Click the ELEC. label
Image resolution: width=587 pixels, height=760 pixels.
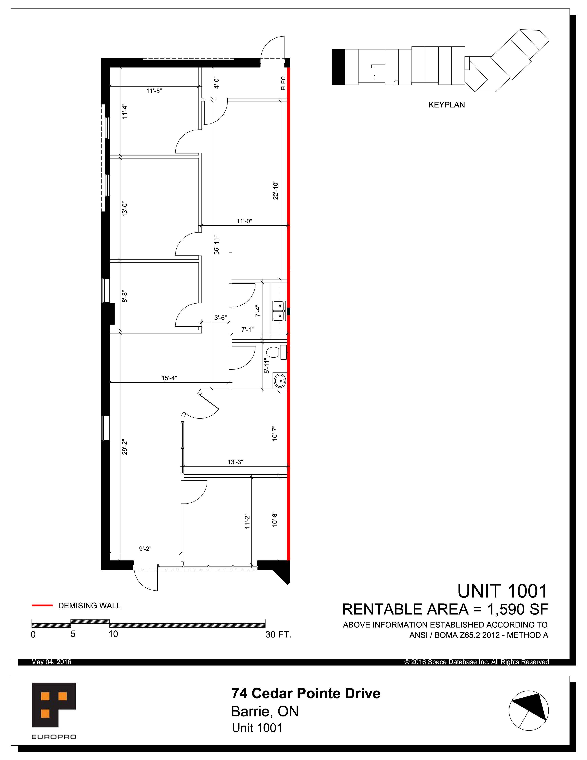pos(283,83)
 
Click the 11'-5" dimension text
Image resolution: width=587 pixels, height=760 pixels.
pos(154,91)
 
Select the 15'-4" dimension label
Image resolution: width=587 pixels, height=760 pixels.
pos(169,378)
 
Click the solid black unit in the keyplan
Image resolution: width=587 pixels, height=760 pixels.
pos(338,67)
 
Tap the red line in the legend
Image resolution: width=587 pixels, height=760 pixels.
pos(42,605)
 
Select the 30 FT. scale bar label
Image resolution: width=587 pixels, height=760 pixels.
pos(278,634)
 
